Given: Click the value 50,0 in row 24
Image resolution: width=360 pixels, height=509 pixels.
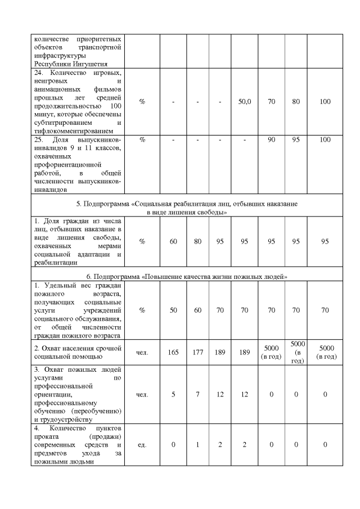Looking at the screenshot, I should [x=245, y=101].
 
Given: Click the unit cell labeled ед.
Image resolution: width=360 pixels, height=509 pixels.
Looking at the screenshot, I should [x=142, y=445].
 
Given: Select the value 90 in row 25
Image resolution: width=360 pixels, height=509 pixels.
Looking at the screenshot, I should [x=271, y=139].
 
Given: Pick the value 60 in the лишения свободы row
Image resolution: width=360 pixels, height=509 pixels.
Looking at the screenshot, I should [x=173, y=241].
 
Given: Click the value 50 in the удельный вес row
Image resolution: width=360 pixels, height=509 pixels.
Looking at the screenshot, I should [x=173, y=309].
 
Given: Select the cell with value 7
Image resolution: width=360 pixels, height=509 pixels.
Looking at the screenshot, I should [x=197, y=395].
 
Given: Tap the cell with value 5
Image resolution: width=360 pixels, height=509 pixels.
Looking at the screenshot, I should [x=173, y=395].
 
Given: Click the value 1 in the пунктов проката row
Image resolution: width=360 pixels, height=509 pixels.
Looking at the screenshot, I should [x=197, y=445].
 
